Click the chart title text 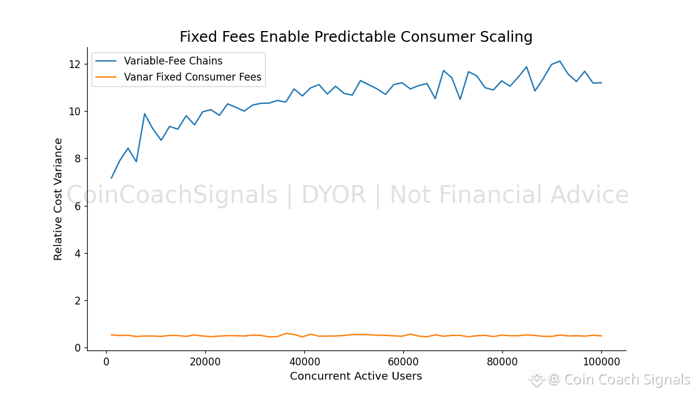click(x=356, y=37)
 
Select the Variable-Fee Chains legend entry click(x=173, y=61)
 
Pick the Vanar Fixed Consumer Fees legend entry click(x=192, y=77)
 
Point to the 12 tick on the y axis click(x=75, y=64)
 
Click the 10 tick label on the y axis click(x=75, y=112)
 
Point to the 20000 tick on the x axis click(x=205, y=361)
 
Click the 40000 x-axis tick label click(x=304, y=361)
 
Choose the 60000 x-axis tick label click(x=403, y=361)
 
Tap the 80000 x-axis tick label click(x=502, y=361)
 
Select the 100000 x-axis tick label click(x=601, y=361)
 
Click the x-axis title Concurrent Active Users click(x=356, y=377)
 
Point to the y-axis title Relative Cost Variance click(x=58, y=199)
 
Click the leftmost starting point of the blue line click(x=112, y=178)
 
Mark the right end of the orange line click(x=601, y=335)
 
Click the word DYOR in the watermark click(x=331, y=195)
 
